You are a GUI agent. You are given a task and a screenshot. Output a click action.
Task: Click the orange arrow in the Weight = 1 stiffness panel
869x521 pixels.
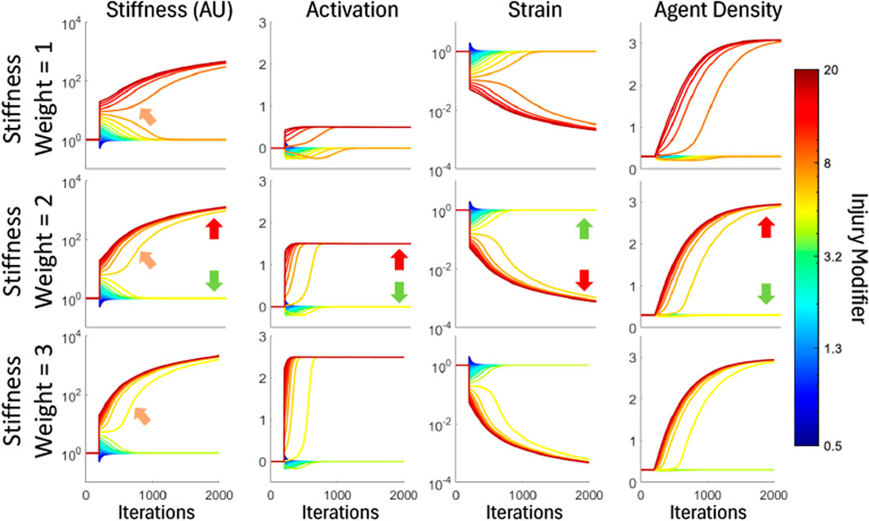tap(148, 117)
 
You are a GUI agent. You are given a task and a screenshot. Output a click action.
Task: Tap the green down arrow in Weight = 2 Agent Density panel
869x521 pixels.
tap(765, 294)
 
